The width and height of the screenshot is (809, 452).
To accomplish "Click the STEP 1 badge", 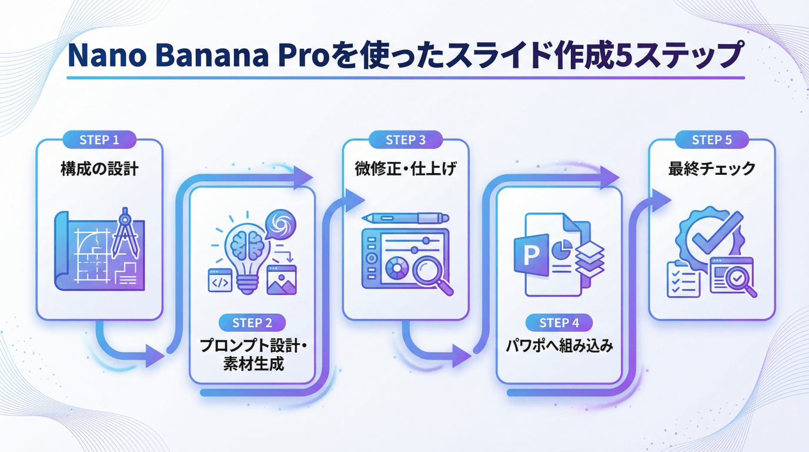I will click(99, 140).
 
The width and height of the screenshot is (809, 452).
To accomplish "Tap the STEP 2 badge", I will click(252, 323).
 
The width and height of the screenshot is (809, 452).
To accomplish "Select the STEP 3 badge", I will click(405, 140).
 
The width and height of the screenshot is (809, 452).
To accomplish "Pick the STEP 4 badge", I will click(559, 323).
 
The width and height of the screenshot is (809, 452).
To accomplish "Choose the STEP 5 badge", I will click(711, 140).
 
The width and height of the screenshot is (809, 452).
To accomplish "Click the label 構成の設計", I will click(99, 169).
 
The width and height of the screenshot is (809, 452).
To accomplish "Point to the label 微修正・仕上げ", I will click(405, 169).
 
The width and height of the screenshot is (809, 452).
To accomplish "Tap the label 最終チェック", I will click(711, 169).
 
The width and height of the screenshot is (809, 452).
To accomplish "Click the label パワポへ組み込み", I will click(559, 346).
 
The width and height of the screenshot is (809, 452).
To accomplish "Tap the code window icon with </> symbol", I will click(220, 281).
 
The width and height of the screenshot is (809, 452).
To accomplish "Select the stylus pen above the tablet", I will click(405, 218).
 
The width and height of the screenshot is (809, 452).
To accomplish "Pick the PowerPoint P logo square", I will click(531, 255).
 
